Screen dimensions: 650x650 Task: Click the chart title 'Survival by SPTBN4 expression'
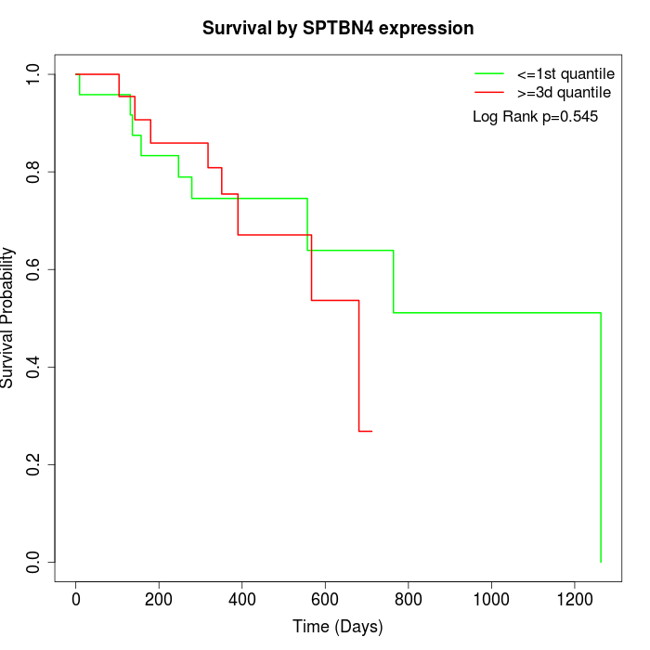[x=338, y=29]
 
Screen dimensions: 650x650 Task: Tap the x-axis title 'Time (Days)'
[x=338, y=627]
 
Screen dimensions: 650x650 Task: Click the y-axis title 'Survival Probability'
[x=8, y=318]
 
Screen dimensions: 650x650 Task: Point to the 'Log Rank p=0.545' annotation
[x=535, y=117]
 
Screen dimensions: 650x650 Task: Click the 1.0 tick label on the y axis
[x=34, y=74]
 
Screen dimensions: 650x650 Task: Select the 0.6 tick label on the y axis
[x=34, y=269]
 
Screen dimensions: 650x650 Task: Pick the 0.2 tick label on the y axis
[x=34, y=464]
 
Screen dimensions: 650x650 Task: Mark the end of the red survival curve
[x=371, y=431]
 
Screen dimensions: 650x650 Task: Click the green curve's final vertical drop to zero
[x=601, y=436]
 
